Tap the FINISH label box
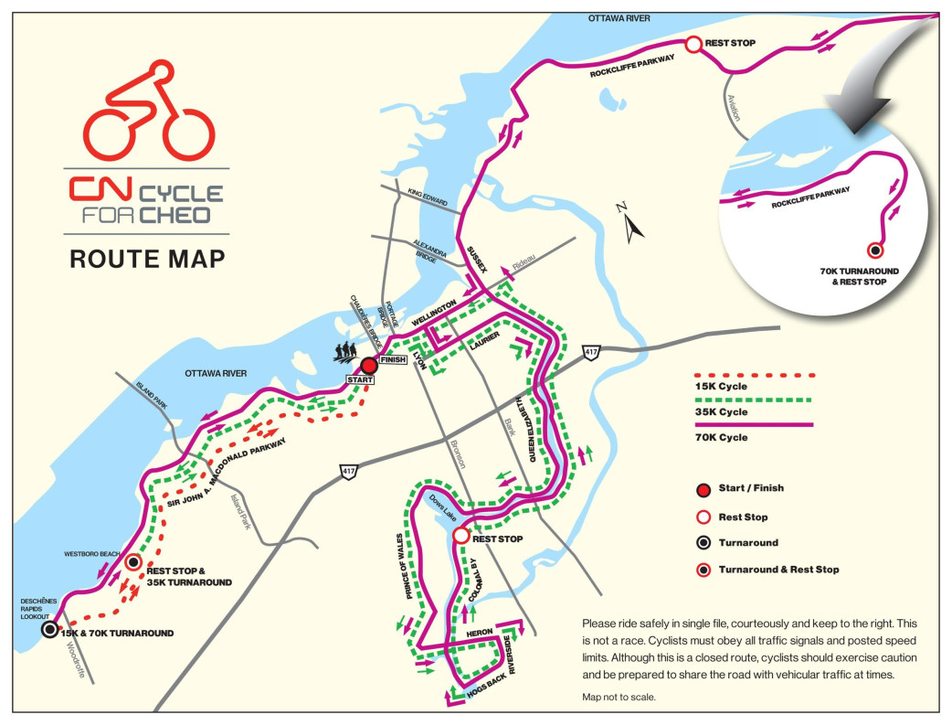pos(392,359)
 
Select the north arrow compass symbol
pos(630,221)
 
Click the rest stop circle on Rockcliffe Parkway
pos(693,43)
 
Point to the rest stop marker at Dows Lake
pos(460,536)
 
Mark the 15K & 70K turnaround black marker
pos(49,629)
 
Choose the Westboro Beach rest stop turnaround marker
pos(133,563)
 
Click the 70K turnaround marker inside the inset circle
pos(874,250)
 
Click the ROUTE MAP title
pos(147,259)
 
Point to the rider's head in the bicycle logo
pos(162,71)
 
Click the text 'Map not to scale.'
pos(619,697)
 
